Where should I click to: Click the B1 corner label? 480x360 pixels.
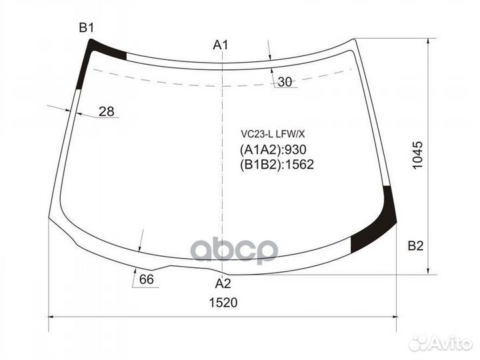click(x=87, y=28)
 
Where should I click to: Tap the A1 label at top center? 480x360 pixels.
click(x=221, y=45)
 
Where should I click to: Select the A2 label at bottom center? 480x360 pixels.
click(x=223, y=283)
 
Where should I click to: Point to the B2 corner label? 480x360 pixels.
click(x=415, y=246)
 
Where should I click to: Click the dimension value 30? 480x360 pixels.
click(x=285, y=82)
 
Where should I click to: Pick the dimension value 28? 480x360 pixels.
click(x=106, y=111)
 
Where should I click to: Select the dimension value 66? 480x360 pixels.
click(x=147, y=279)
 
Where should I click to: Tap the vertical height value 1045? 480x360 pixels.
click(x=417, y=155)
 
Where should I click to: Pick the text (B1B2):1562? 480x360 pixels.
click(x=276, y=165)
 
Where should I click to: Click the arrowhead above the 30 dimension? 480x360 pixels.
click(x=270, y=58)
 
